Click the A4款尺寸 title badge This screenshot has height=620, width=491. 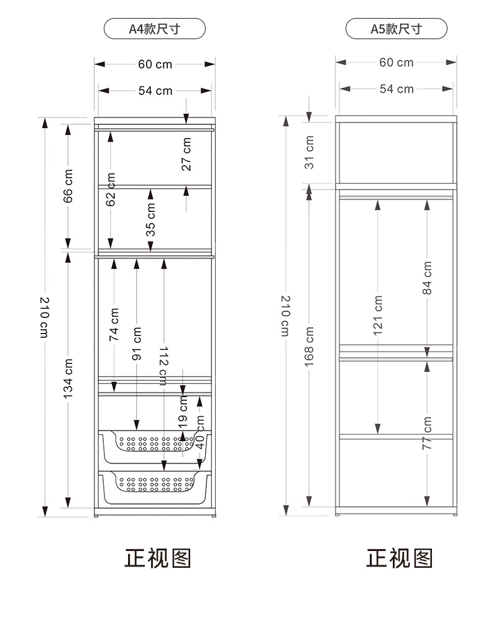point(154,29)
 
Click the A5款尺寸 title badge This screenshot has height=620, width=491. point(396,29)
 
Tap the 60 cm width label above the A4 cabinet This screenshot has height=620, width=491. point(155,64)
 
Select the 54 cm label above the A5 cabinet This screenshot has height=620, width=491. point(397,89)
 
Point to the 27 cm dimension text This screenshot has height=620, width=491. point(186,154)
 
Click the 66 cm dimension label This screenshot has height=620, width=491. point(68,186)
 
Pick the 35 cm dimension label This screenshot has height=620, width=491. point(150,219)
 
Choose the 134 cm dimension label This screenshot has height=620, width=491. point(68,378)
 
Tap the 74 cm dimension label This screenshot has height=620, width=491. point(114,324)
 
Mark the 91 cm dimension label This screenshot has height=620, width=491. point(137,344)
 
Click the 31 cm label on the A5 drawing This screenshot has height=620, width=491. point(309,152)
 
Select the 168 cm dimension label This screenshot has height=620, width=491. point(309,347)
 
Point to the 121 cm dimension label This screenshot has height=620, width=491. point(378,315)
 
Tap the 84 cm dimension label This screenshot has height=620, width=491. point(427,278)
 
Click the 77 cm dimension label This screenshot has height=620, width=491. point(427,432)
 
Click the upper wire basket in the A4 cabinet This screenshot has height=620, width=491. point(155,447)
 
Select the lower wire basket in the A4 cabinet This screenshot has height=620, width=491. point(155,488)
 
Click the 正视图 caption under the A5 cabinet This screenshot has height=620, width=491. point(399,558)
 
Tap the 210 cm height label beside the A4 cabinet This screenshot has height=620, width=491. point(45,317)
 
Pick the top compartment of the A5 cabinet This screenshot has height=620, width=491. point(396,153)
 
